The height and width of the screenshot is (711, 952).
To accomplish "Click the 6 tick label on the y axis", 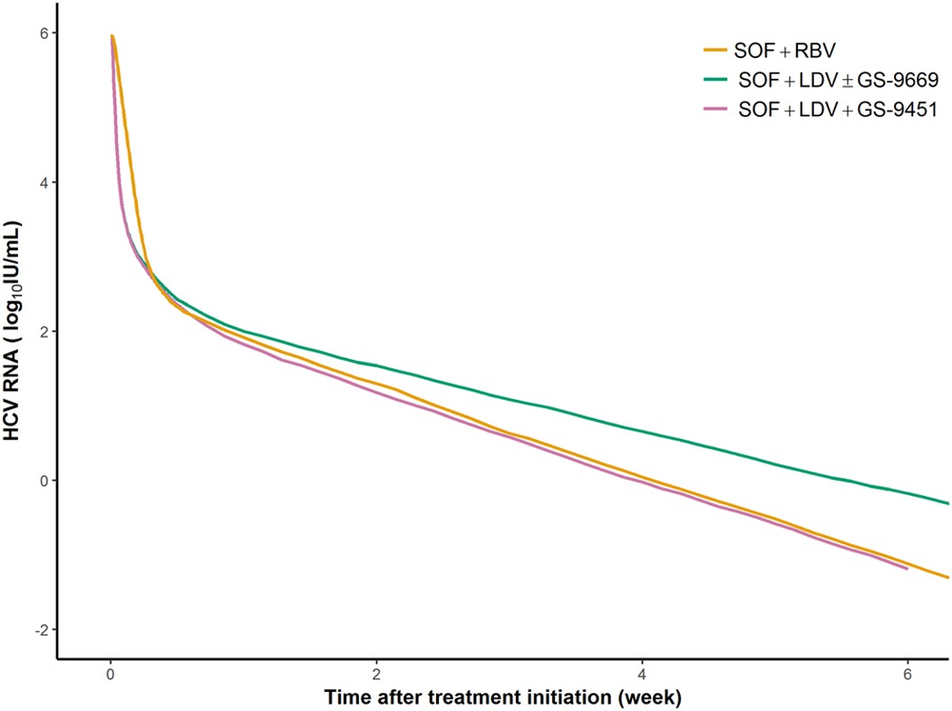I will pyautogui.click(x=40, y=33).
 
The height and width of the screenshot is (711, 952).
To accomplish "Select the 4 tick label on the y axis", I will pyautogui.click(x=40, y=182).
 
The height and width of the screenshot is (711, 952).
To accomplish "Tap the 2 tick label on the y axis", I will pyautogui.click(x=40, y=331).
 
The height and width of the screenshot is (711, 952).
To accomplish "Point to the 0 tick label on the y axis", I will pyautogui.click(x=40, y=481).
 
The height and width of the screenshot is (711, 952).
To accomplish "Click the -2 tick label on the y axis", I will pyautogui.click(x=37, y=629).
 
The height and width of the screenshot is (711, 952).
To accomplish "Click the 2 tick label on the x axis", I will pyautogui.click(x=376, y=676).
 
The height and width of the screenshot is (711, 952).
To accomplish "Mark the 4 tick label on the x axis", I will pyautogui.click(x=642, y=676).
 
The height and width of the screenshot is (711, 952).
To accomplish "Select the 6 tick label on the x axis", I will pyautogui.click(x=908, y=676).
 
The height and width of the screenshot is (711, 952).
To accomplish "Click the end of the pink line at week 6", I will pyautogui.click(x=907, y=569).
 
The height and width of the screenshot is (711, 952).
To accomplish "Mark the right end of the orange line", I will pyautogui.click(x=947, y=578).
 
